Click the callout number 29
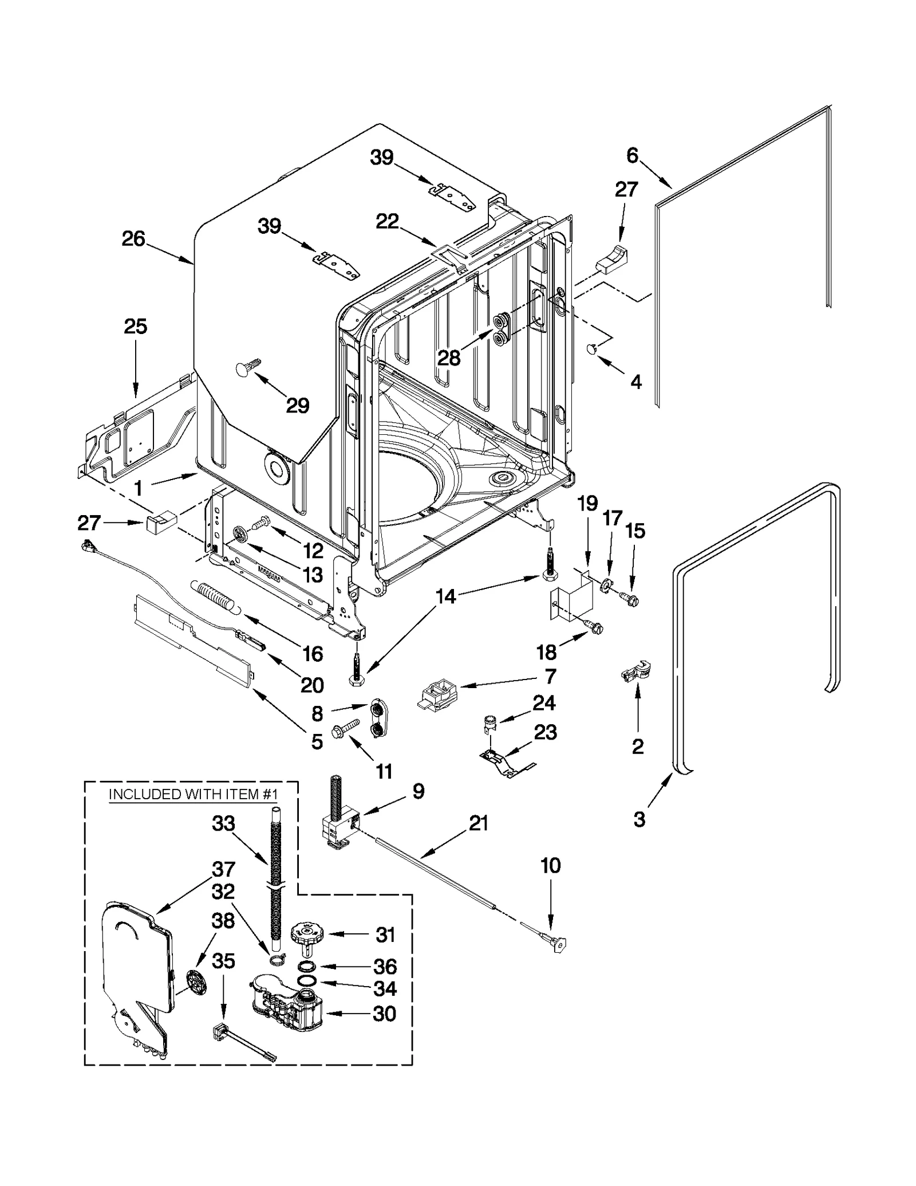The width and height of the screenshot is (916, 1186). point(297,406)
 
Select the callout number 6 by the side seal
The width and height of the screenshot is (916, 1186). point(632,155)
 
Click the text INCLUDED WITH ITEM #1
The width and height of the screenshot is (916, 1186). point(193,794)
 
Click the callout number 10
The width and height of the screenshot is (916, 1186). point(550,866)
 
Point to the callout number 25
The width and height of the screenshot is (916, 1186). point(136,327)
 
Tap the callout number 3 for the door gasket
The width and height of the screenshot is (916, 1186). point(639,819)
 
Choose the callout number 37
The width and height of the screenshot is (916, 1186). point(223,869)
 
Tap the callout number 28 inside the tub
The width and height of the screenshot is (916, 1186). point(449,358)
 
